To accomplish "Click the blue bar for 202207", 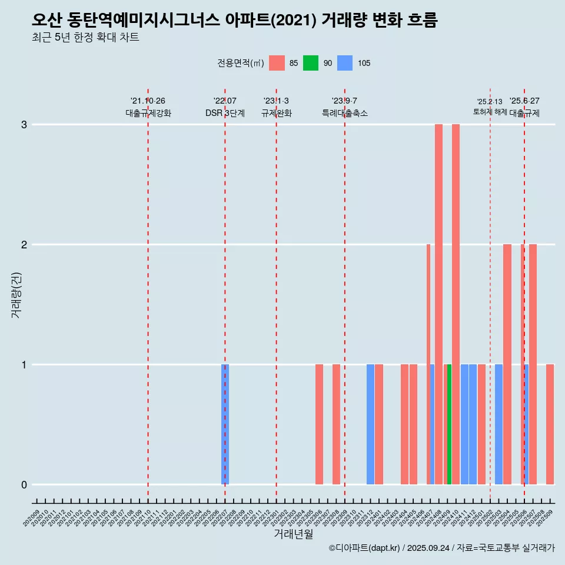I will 225,424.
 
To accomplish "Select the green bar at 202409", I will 449,424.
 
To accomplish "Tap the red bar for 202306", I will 319,424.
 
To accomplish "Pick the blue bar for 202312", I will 370,424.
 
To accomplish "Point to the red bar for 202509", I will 550,424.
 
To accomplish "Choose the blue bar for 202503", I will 498,424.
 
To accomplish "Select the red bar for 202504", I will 507,364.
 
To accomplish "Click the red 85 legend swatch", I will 277,63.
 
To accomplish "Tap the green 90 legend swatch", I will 311,63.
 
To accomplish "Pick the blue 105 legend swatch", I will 345,63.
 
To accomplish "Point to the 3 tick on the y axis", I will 25,125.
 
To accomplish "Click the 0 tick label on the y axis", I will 25,484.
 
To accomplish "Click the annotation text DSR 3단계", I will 225,113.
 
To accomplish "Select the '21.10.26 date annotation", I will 148,101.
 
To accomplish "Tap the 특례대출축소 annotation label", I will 345,113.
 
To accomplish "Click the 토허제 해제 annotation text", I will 490,111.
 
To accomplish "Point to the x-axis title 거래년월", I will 293,534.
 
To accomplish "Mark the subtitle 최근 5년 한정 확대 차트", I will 85,38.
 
